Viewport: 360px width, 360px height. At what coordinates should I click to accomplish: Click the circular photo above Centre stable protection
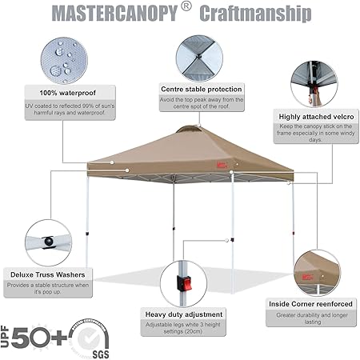(x=199, y=54)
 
